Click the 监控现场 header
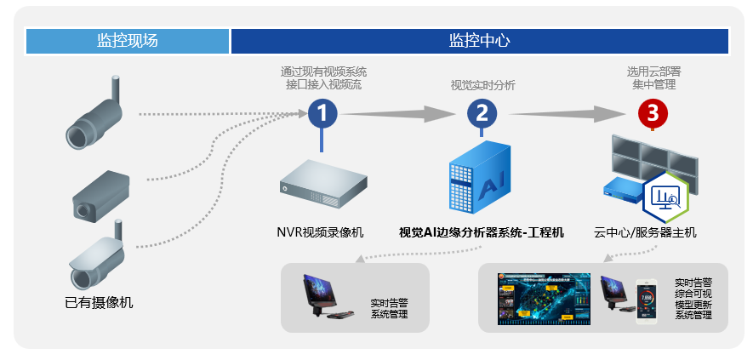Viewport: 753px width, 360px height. (x=128, y=41)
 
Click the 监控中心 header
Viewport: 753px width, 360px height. (x=479, y=41)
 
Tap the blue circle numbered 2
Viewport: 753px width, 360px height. (x=482, y=112)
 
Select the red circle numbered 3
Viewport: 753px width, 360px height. (x=653, y=112)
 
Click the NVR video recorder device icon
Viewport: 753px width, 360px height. (x=324, y=184)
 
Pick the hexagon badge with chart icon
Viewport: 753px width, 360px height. (x=666, y=198)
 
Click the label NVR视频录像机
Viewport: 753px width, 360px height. (x=321, y=231)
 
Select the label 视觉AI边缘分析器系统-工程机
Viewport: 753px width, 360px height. (x=481, y=231)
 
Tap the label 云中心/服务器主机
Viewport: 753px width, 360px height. (x=645, y=231)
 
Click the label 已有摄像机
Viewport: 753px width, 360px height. (x=99, y=302)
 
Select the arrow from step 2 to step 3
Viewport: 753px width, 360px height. (x=570, y=112)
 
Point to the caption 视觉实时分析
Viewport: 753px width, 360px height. (x=482, y=85)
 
